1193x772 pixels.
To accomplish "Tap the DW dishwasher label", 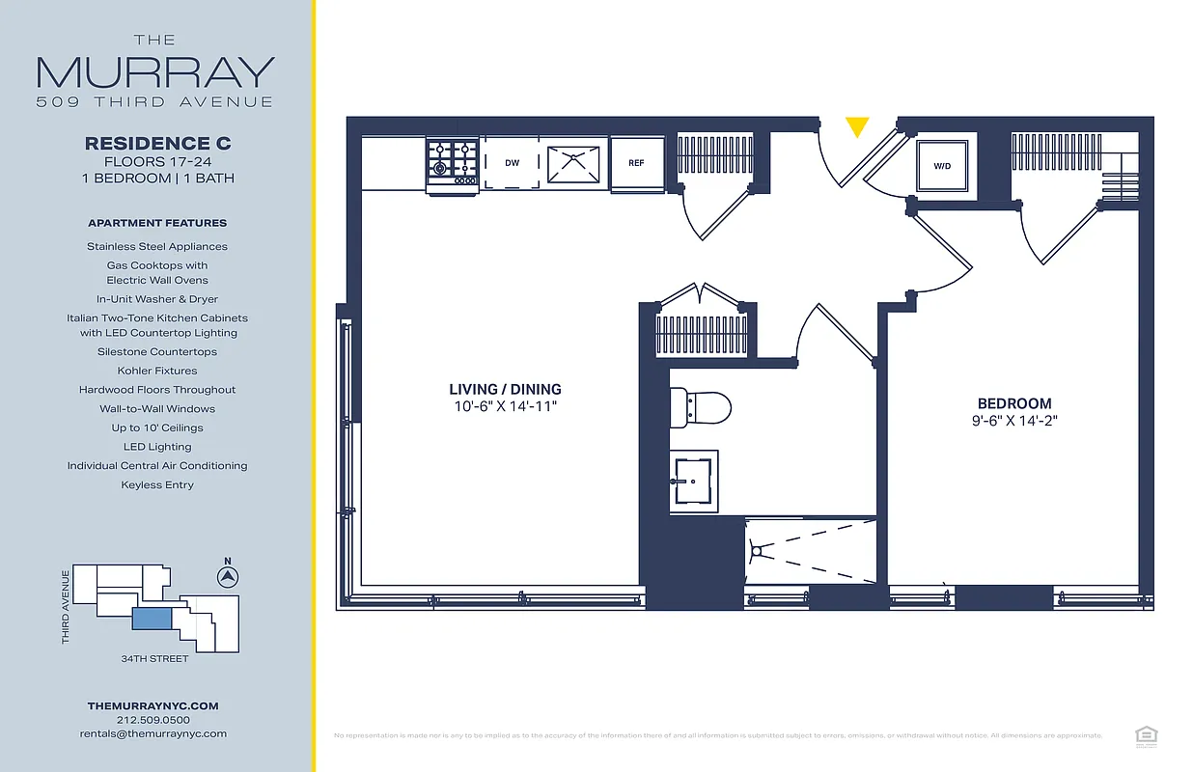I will (x=512, y=163).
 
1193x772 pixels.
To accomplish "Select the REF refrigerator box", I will (x=637, y=163).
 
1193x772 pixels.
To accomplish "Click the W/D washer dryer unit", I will (x=942, y=166).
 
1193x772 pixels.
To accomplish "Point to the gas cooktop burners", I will (x=454, y=162).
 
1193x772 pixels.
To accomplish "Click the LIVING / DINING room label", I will (x=505, y=390).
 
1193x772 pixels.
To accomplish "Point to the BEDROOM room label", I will (x=1014, y=403).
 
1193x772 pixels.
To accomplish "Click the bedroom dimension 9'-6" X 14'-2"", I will (x=1014, y=421).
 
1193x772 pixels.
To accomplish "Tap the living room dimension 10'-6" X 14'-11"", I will (x=506, y=406).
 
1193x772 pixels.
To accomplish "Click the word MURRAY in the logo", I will (x=155, y=73).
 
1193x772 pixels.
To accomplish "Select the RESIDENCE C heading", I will (x=157, y=143).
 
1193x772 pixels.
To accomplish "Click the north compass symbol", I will (x=228, y=576).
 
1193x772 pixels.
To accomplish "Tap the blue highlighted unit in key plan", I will (x=151, y=620).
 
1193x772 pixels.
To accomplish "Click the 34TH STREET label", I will (x=154, y=659).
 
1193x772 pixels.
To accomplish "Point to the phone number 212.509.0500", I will (x=153, y=720).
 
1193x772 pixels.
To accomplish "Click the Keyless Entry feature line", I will (x=157, y=485).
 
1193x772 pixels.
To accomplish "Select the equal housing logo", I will (x=1147, y=736).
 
